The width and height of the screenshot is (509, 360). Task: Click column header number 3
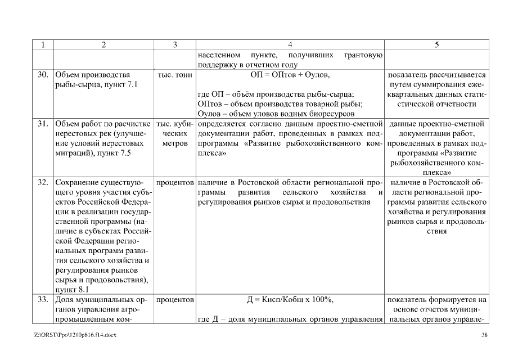[174, 46]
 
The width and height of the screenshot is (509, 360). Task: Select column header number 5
[437, 46]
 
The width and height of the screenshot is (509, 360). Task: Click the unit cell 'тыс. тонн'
[174, 75]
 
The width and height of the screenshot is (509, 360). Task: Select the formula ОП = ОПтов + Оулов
[290, 75]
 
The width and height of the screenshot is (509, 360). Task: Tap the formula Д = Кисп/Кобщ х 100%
[290, 299]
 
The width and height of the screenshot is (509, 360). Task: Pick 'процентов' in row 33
[174, 299]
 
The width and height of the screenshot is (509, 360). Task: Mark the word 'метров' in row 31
[174, 143]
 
